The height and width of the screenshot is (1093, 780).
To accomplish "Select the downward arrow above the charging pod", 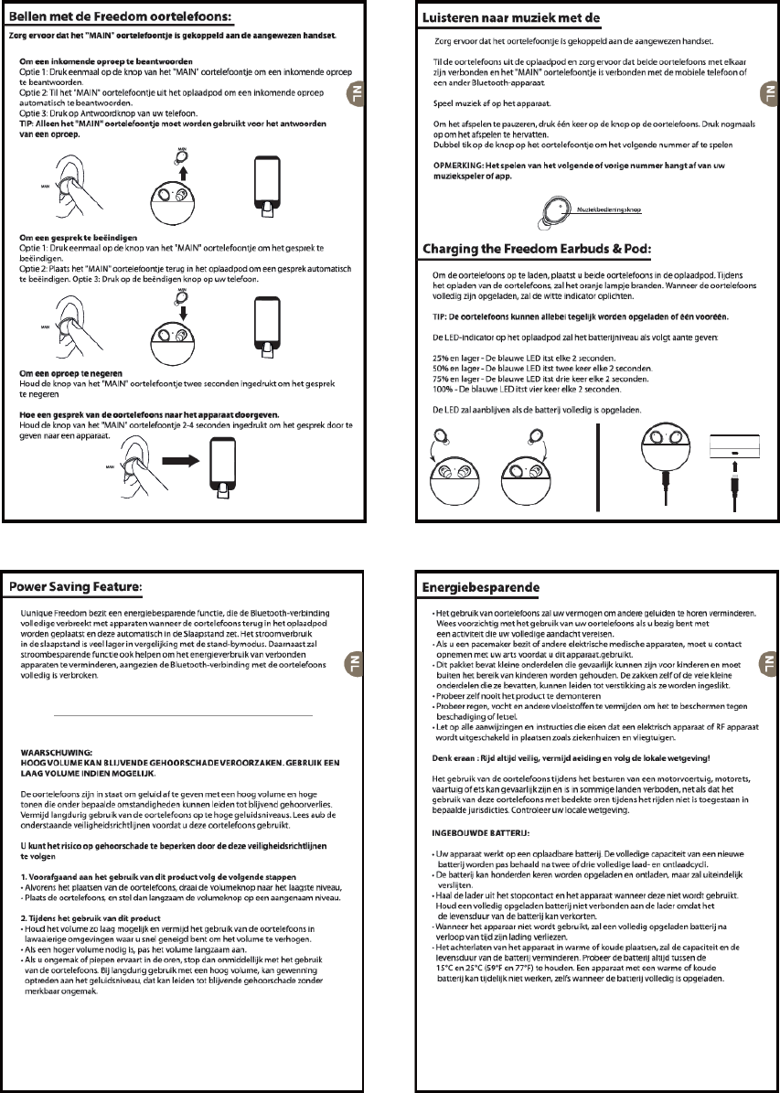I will pyautogui.click(x=182, y=308).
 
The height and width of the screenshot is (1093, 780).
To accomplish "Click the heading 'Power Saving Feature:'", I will pyautogui.click(x=77, y=584).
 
